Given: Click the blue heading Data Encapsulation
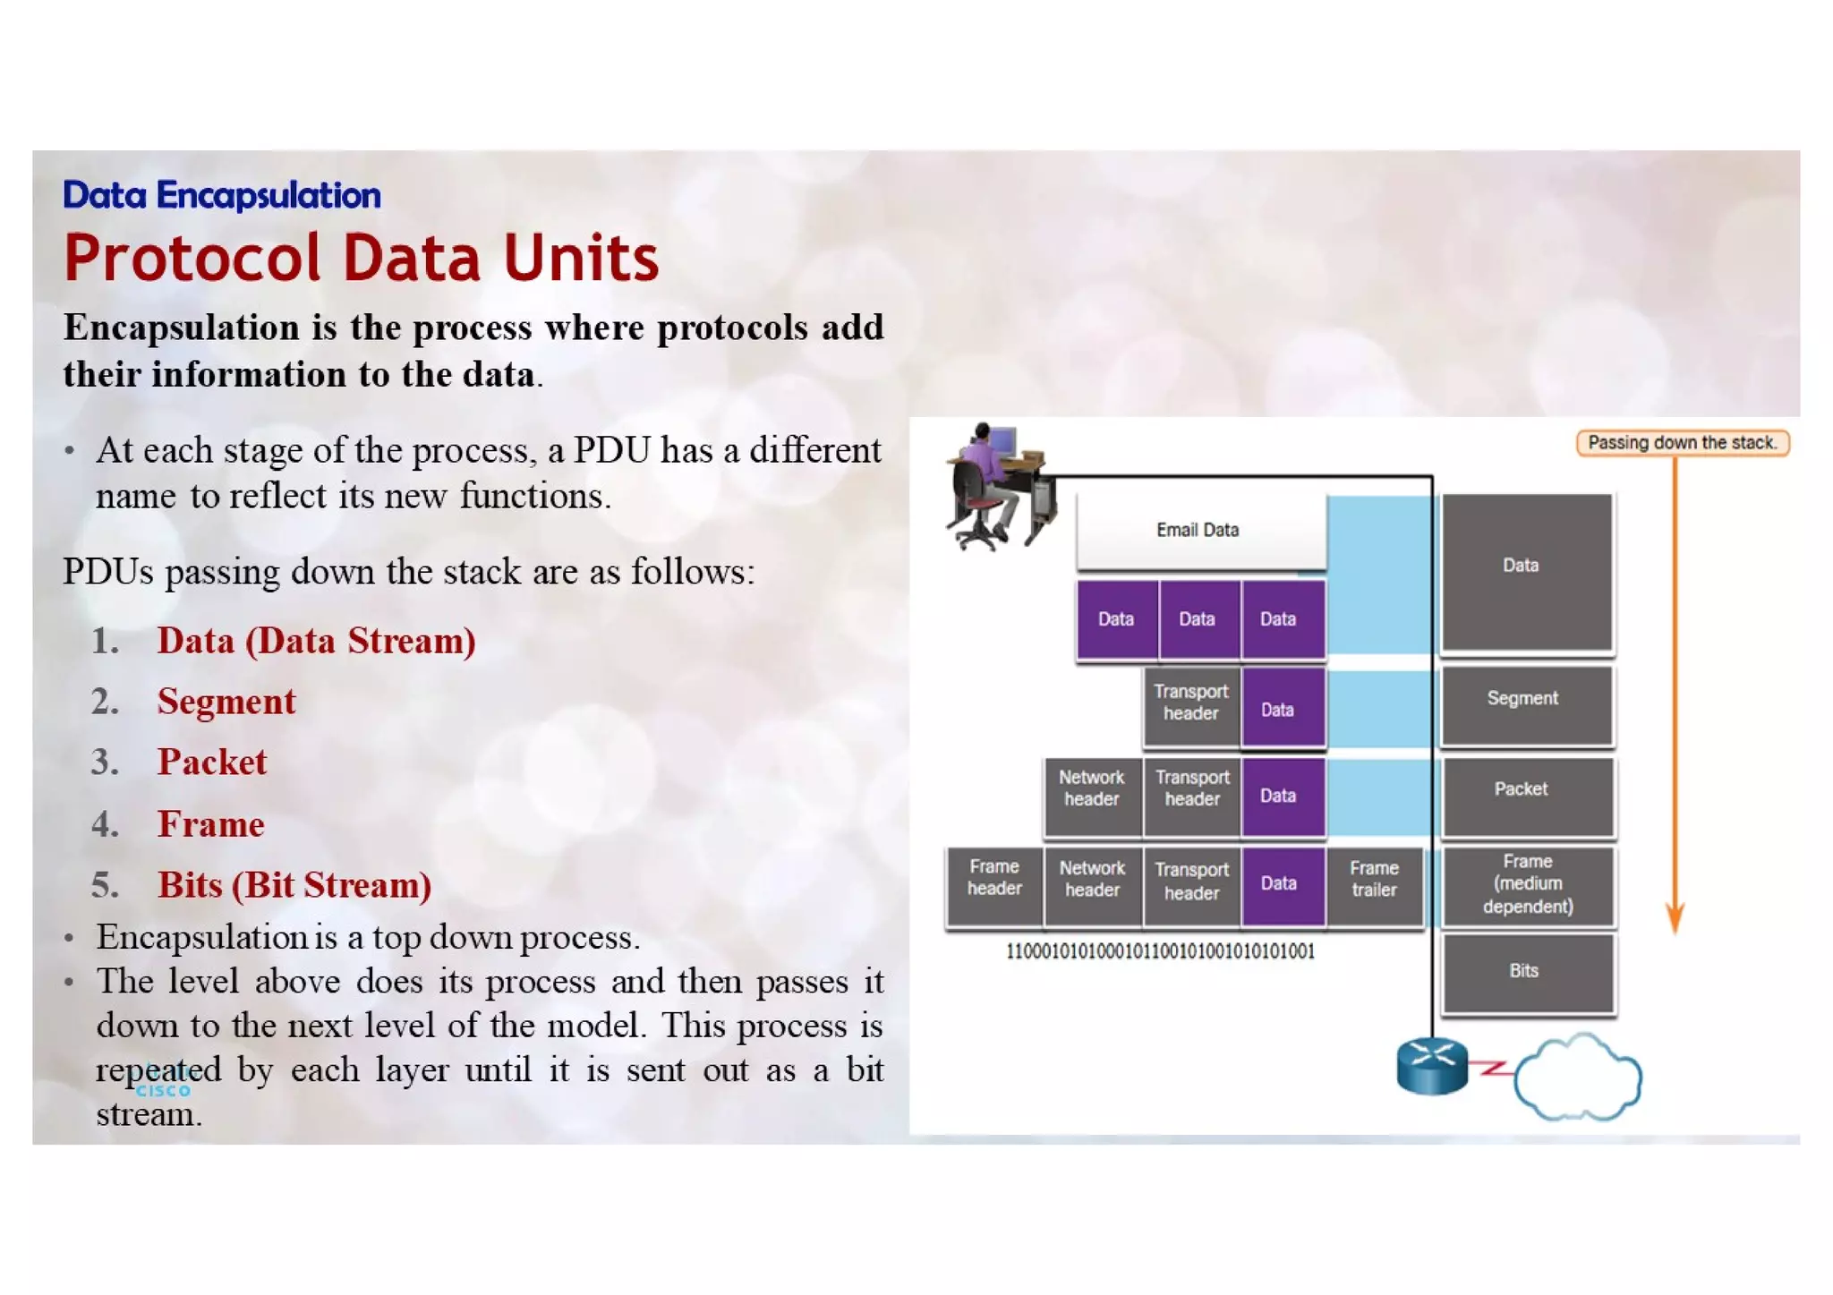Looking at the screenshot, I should pos(221,195).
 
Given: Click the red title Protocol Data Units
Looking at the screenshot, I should pos(361,259).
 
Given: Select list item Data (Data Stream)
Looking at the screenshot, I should pos(315,641).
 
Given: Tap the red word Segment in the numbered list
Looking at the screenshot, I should pos(226,702).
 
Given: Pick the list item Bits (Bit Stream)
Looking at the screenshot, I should pos(294,885).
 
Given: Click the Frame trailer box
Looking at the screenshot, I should pos(1374,880).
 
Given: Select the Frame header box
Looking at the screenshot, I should pos(993,879).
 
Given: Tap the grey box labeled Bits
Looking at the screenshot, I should pos(1526,972).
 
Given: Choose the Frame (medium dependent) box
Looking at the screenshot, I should pos(1526,884).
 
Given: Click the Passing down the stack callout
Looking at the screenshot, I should pos(1681,443).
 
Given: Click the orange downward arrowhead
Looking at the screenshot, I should pos(1675,918).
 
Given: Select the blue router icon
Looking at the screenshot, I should pos(1431,1066).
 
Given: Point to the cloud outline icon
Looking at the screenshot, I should pos(1579,1078).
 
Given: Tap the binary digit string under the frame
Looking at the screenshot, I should pos(1160,951).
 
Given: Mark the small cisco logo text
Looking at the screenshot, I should pos(162,1090).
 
